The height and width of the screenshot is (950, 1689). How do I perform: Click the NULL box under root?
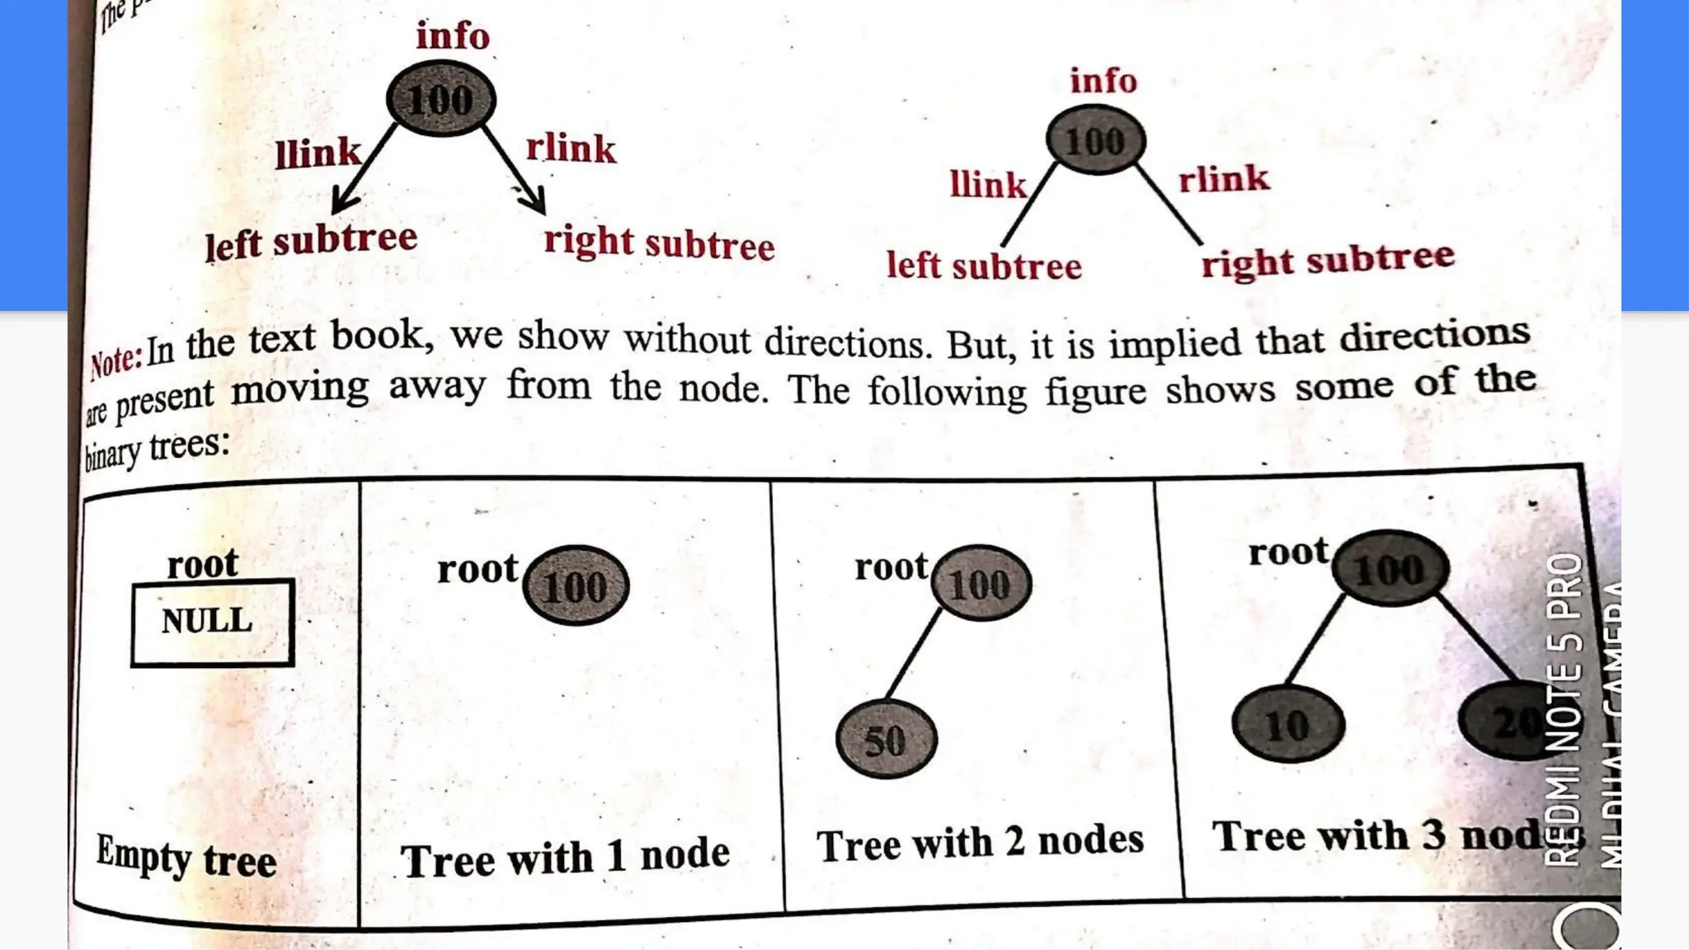click(212, 623)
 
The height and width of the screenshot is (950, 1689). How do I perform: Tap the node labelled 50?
click(886, 739)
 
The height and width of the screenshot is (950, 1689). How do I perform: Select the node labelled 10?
click(1287, 725)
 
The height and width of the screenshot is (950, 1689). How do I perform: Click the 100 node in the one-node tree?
click(576, 586)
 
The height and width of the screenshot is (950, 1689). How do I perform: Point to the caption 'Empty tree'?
click(186, 858)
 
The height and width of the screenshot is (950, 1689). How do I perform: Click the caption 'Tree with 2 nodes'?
click(980, 843)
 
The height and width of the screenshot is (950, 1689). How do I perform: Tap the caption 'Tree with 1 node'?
click(566, 858)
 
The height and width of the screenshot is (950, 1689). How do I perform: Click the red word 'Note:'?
click(115, 360)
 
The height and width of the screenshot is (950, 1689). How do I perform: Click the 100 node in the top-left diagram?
click(440, 100)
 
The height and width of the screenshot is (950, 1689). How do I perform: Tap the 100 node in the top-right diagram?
click(1095, 141)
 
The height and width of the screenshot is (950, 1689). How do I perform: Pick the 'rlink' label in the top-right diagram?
click(1223, 179)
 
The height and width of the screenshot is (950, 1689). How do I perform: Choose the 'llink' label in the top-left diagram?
click(318, 153)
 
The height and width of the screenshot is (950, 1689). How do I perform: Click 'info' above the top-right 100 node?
click(1103, 81)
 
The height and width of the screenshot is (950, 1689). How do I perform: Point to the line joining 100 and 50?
click(914, 655)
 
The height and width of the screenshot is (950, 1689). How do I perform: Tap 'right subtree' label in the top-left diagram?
click(659, 243)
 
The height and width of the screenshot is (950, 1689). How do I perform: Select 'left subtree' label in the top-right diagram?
click(983, 266)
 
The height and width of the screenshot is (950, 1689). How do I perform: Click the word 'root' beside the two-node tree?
click(891, 567)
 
